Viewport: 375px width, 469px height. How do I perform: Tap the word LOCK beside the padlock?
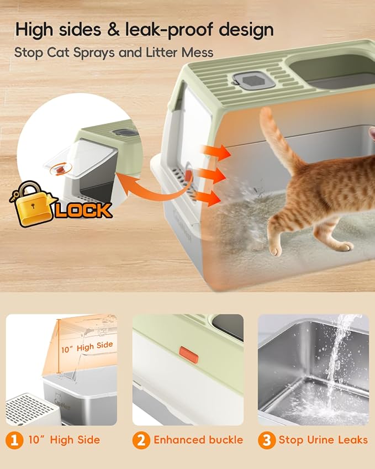click(83, 210)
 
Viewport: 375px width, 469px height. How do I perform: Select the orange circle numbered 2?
click(141, 440)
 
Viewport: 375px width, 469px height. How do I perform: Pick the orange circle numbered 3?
click(267, 440)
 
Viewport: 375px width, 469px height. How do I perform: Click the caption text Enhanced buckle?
click(198, 440)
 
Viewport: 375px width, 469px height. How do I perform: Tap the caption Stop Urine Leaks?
click(323, 440)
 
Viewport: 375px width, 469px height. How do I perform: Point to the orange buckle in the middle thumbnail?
click(189, 355)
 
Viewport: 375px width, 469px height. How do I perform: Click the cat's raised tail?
click(279, 138)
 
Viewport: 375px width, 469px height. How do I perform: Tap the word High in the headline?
click(36, 29)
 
